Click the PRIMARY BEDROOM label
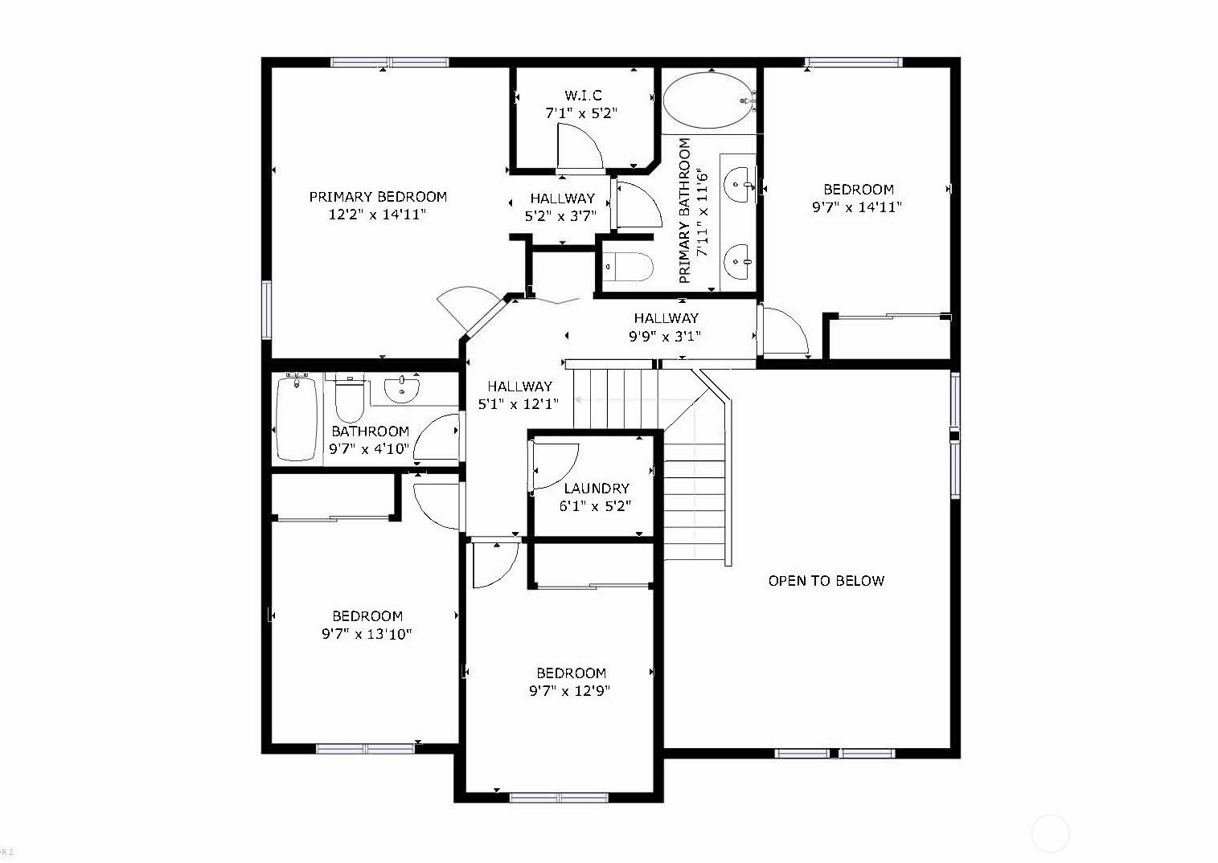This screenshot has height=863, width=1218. point(378,197)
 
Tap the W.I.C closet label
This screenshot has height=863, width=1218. point(583,96)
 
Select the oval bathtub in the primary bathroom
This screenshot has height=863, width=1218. point(708,100)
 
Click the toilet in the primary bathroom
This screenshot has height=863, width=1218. point(628,267)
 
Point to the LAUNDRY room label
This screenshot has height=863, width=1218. point(597,489)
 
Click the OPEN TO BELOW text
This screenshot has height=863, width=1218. point(826,581)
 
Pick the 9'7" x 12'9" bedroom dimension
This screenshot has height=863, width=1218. point(570,691)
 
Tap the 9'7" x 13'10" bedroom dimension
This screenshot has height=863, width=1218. point(367,634)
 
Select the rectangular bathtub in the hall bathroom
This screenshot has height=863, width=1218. point(297,419)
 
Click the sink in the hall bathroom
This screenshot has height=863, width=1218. point(402,389)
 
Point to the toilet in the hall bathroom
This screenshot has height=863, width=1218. point(349,399)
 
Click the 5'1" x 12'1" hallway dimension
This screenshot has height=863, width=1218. point(519,404)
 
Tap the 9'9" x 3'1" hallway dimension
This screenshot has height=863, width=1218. point(664,337)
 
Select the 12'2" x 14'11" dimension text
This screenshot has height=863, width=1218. point(377,214)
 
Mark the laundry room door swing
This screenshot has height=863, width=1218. point(555,468)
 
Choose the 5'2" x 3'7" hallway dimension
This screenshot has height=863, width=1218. point(560,216)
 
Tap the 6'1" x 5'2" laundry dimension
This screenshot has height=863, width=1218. point(596,506)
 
